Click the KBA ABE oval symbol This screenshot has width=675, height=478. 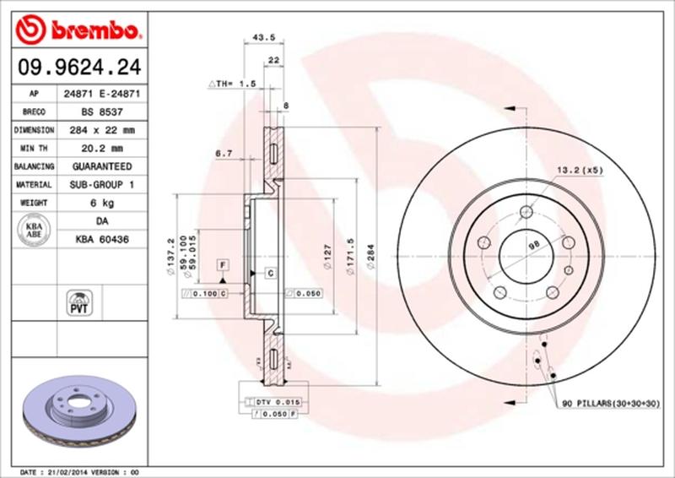tap(33, 230)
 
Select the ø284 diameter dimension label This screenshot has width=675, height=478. tap(371, 254)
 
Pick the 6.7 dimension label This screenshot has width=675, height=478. tap(224, 153)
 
